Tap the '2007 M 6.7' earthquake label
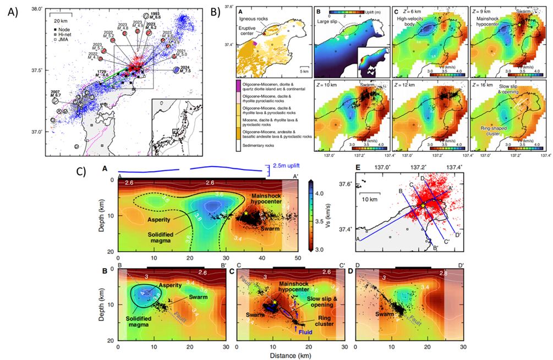(54, 94)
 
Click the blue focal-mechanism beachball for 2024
(176, 70)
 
